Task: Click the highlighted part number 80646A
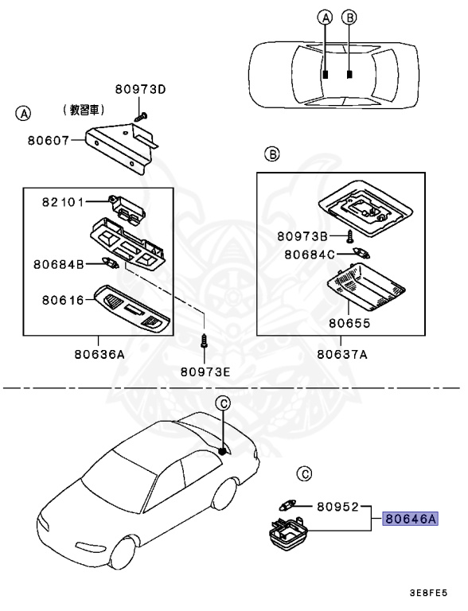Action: [x=411, y=519]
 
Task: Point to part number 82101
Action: [x=61, y=202]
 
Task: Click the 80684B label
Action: [x=58, y=263]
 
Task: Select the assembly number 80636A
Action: [x=99, y=354]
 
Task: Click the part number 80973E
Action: [x=205, y=371]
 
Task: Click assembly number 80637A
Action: [x=341, y=354]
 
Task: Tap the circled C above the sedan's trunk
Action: [x=224, y=403]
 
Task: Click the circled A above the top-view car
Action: [x=324, y=17]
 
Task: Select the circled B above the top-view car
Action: [x=349, y=17]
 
